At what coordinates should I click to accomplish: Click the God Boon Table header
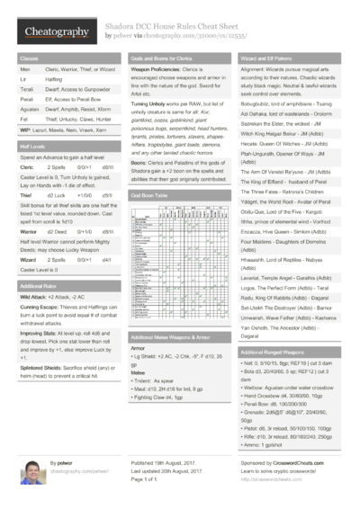pyautogui.click(x=150, y=194)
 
